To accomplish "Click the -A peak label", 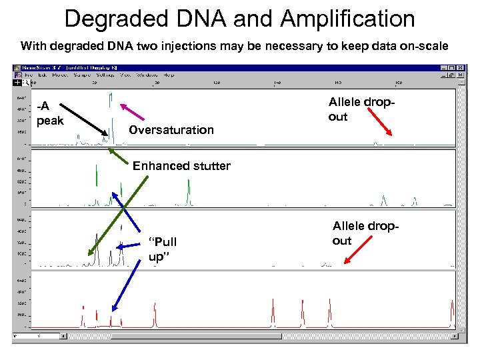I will pos(51,113).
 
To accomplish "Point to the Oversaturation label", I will pos(171,130).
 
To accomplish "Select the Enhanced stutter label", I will pos(181,166).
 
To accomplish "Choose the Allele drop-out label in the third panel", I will pos(366,234).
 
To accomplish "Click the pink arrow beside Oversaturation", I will pos(135,113).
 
